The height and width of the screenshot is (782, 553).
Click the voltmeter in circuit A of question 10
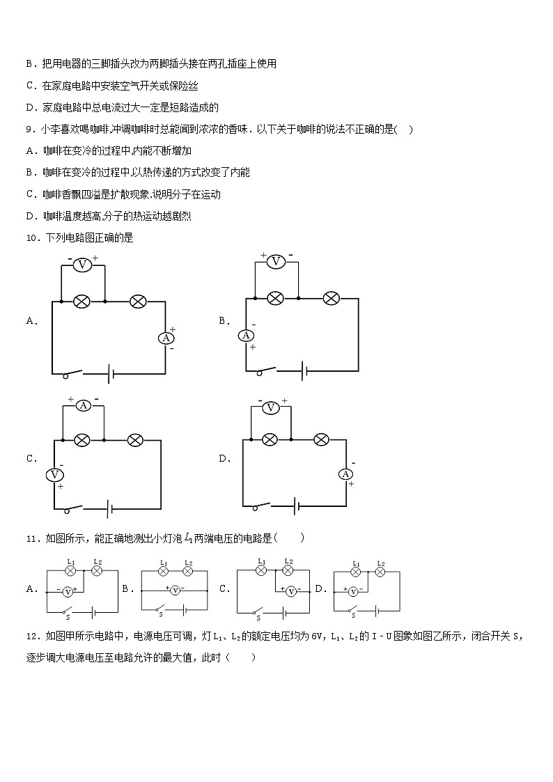coord(83,265)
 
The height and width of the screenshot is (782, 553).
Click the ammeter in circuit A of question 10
coord(166,338)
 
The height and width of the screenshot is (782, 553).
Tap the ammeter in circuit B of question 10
coord(246,335)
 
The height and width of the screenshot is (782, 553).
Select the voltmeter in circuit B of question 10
coord(276,261)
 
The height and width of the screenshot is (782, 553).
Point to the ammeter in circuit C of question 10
coord(83,405)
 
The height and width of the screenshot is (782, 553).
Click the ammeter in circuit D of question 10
coord(345,474)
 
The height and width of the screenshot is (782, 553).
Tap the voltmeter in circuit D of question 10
coord(271,407)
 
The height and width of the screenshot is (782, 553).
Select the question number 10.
coord(31,237)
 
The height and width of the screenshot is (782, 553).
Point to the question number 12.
coord(31,636)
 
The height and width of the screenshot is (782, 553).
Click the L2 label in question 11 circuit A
coord(98,562)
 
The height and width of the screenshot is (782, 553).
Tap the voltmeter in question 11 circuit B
coord(175,590)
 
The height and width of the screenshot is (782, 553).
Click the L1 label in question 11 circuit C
coord(262,561)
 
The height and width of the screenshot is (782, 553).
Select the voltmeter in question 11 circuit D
coord(352,592)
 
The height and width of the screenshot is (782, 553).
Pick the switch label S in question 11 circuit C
coord(258,618)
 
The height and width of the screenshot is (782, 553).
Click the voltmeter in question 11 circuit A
coord(68,591)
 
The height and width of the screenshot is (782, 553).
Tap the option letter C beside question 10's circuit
coord(31,458)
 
